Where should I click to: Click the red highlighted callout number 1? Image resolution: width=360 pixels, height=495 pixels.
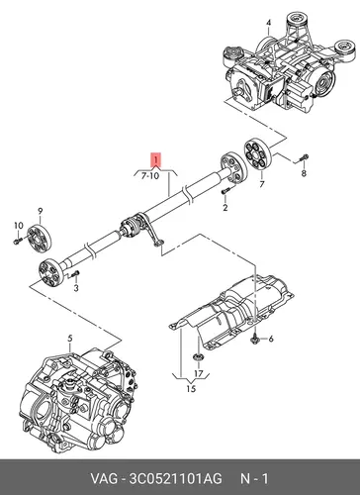point(155,159)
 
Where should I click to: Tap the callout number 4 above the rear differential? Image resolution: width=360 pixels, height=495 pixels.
point(269,23)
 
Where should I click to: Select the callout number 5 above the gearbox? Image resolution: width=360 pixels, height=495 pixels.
point(70,339)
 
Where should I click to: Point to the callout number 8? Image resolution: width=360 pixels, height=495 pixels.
point(304,172)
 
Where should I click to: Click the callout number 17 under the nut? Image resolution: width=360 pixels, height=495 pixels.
point(199,373)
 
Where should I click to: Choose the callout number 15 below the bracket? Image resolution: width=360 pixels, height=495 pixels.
point(191,389)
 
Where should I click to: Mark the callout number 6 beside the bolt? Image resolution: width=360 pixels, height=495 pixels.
point(271,339)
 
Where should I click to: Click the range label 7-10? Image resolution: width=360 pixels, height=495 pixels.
point(150,176)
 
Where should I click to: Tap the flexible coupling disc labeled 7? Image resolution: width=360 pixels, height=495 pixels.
point(257,156)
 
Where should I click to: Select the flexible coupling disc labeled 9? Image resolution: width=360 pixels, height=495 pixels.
point(40,238)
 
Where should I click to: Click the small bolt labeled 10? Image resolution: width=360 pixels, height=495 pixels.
point(17,241)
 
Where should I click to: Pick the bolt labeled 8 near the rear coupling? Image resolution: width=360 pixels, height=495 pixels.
point(304,158)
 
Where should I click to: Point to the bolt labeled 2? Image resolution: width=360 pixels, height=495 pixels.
point(225,191)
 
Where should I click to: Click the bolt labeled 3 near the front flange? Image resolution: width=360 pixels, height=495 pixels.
point(75,273)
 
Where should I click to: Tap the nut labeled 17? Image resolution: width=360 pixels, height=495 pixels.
point(198,356)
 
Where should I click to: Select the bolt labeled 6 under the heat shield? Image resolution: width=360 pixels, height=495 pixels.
point(255,339)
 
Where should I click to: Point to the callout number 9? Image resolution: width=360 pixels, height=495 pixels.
point(41,211)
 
